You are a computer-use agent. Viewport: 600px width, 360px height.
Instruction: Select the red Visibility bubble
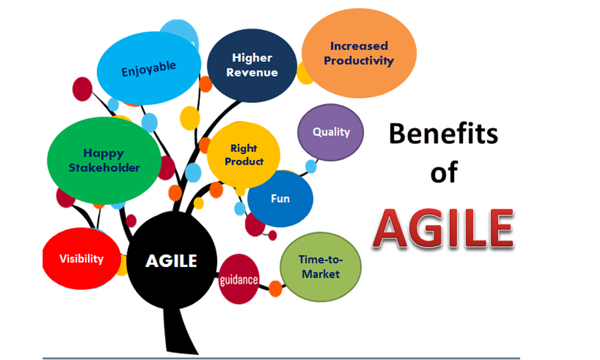pyautogui.click(x=81, y=259)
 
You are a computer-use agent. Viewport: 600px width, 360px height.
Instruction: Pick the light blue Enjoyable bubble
pyautogui.click(x=149, y=68)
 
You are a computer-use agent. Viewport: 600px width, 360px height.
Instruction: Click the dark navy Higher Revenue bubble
pyautogui.click(x=252, y=65)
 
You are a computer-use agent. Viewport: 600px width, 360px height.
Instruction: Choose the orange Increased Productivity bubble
pyautogui.click(x=359, y=53)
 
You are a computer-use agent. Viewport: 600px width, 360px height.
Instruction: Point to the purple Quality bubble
pyautogui.click(x=331, y=132)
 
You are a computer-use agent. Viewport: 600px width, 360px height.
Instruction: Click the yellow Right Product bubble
pyautogui.click(x=244, y=154)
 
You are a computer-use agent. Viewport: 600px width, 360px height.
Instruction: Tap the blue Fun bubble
pyautogui.click(x=280, y=199)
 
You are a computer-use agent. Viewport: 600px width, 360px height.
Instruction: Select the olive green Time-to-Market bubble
pyautogui.click(x=321, y=267)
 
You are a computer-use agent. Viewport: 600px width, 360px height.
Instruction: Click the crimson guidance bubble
pyautogui.click(x=239, y=280)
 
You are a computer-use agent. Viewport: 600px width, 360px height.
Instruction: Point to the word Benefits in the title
pyautogui.click(x=443, y=134)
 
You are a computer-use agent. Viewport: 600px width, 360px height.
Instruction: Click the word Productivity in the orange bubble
pyautogui.click(x=359, y=61)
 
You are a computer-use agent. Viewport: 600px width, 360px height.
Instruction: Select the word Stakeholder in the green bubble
pyautogui.click(x=104, y=167)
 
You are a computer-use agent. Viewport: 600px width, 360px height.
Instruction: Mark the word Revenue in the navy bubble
pyautogui.click(x=253, y=73)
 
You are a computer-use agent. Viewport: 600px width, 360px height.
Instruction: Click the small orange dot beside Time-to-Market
pyautogui.click(x=275, y=289)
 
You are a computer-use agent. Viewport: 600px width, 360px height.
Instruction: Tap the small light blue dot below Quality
pyautogui.click(x=311, y=166)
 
